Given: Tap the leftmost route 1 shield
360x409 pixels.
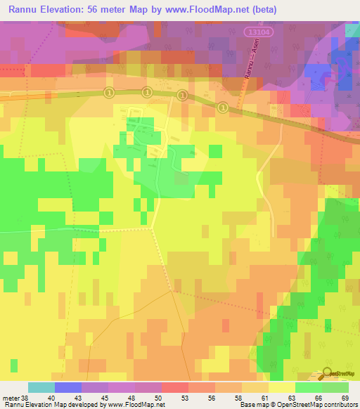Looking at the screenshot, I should pos(109,92).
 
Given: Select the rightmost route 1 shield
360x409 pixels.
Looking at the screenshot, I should pos(222,107).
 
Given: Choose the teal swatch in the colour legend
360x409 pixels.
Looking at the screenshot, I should pos(41,387).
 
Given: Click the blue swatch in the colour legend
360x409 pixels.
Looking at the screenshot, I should pos(68,387).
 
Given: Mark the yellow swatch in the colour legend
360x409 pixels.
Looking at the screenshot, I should pos(282,387).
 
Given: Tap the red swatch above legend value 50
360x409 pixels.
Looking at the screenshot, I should pos(175,387).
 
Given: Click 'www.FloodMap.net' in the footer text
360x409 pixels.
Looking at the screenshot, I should pos(135,405).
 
